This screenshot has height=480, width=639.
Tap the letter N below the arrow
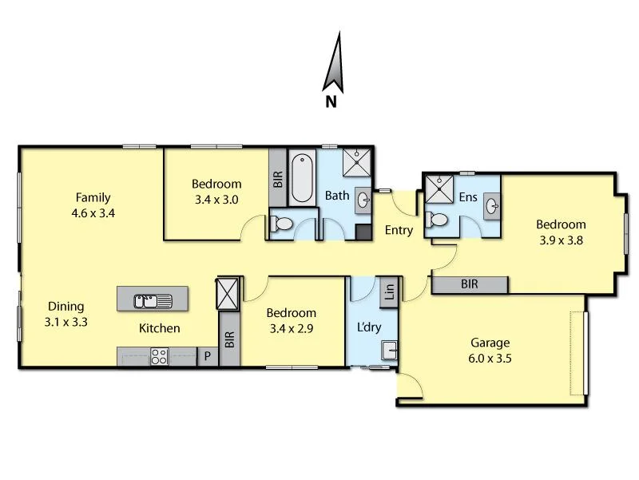click(x=331, y=101)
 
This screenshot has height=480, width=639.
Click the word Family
click(x=93, y=197)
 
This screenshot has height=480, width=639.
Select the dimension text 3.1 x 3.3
click(x=66, y=323)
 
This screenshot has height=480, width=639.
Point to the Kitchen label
click(x=160, y=327)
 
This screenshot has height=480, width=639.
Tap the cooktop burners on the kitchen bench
click(x=159, y=356)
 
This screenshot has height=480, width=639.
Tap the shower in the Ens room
click(x=438, y=189)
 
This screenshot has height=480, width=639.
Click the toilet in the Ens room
click(x=436, y=218)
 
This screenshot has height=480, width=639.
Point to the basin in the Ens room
click(x=492, y=208)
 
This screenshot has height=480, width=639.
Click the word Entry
click(x=399, y=231)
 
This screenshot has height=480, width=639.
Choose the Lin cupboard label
click(x=389, y=290)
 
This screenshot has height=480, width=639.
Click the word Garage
click(x=490, y=343)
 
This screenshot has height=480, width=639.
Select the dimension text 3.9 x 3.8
click(x=561, y=239)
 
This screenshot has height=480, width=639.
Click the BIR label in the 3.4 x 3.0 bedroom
click(x=277, y=178)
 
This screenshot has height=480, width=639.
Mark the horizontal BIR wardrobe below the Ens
click(x=470, y=284)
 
